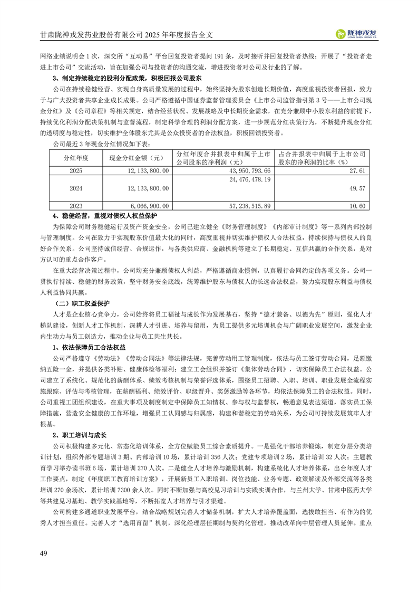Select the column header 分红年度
click(x=75, y=158)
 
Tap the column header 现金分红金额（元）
click(x=138, y=158)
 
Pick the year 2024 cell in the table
click(x=75, y=188)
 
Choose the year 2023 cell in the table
click(x=75, y=206)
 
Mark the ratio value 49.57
click(x=357, y=188)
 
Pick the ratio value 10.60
click(x=357, y=206)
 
